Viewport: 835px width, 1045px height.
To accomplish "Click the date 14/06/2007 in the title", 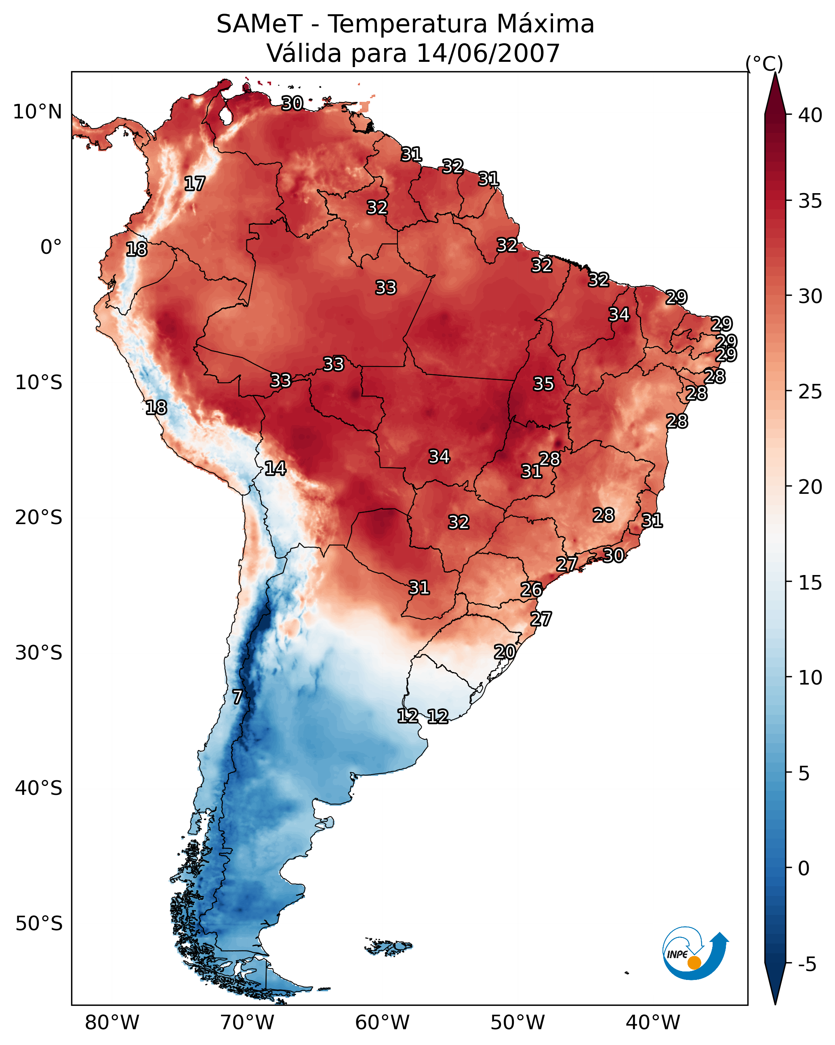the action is point(488,53).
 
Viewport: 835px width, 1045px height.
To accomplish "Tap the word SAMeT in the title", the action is point(260,24).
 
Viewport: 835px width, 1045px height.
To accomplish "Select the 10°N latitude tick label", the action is point(37,112).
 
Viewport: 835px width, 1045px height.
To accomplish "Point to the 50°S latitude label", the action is point(39,924).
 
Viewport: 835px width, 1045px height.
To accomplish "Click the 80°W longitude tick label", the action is point(112,1023).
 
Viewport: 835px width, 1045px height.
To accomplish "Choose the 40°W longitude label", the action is point(653,1023).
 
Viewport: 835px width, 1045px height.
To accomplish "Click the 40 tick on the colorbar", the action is point(810,115).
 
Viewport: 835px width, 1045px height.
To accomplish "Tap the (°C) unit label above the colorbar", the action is point(764,63).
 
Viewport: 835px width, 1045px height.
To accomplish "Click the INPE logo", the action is point(696,953).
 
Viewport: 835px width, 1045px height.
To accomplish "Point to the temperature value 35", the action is point(543,384).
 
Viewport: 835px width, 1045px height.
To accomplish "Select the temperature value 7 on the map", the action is point(237,697).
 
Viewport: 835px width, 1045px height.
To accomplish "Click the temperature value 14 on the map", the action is point(275,468).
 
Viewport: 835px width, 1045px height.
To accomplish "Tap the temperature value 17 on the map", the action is point(195,184).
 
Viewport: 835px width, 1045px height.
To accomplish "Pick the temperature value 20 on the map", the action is point(505,652).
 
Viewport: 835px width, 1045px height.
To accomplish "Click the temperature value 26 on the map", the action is point(531,590).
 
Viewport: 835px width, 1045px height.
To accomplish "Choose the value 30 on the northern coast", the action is point(292,103).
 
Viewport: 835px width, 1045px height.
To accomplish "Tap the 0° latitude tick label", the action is point(51,247).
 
